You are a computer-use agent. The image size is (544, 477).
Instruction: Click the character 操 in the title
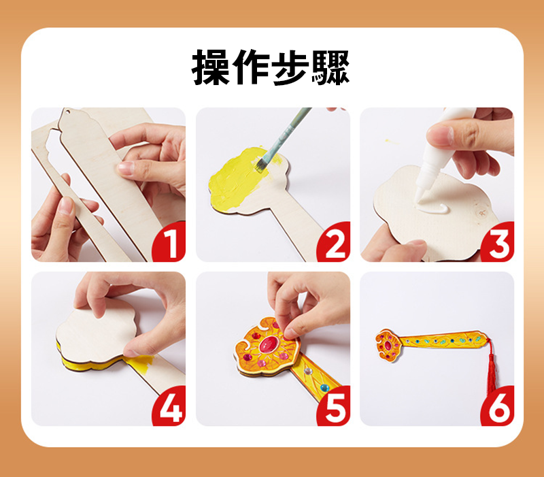[x=211, y=67]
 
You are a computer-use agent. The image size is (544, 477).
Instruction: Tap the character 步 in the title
[x=290, y=67]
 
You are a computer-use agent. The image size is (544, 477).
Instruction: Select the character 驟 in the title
[x=330, y=67]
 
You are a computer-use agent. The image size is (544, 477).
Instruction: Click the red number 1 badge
[x=169, y=242]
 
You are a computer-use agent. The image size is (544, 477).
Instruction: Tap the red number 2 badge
[x=334, y=242]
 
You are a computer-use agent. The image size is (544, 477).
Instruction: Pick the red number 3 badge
[x=498, y=242]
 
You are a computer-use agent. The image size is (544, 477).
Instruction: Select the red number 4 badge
[x=169, y=406]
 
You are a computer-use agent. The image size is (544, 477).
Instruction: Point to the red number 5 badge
[x=334, y=406]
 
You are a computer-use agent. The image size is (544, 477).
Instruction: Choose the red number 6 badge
[x=498, y=406]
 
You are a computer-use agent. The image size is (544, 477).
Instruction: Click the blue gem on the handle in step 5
[x=324, y=387]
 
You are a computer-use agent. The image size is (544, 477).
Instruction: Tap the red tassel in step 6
[x=492, y=368]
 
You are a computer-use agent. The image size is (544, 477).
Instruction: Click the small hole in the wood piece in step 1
[x=69, y=112]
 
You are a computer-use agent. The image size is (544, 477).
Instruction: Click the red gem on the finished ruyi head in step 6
[x=388, y=346]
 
